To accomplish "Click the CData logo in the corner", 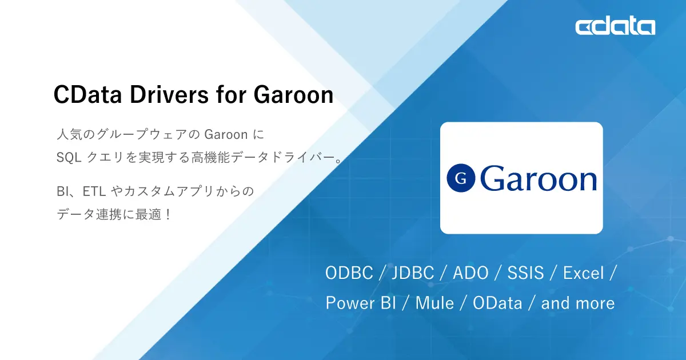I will tap(615, 26).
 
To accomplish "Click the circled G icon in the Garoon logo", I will tap(461, 178).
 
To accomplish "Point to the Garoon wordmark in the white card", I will tap(539, 178).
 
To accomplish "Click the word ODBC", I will tap(348, 273).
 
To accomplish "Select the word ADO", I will tap(470, 273).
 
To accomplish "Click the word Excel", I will tap(583, 273).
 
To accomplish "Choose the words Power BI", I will tap(361, 303).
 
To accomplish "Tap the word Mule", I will tap(434, 303).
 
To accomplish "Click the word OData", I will tap(497, 303).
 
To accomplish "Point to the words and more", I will tap(577, 303).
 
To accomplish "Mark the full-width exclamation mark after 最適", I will tap(167, 215).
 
